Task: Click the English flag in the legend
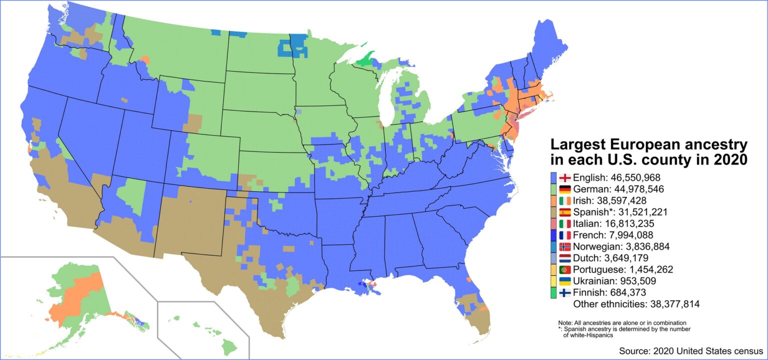pyautogui.click(x=565, y=177)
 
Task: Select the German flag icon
pyautogui.click(x=565, y=189)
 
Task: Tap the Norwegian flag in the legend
pyautogui.click(x=565, y=246)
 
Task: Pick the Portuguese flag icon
pyautogui.click(x=565, y=269)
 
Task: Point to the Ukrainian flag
pyautogui.click(x=565, y=281)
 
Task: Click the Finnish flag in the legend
pyautogui.click(x=565, y=292)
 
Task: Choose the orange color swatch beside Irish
pyautogui.click(x=553, y=200)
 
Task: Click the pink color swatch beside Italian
pyautogui.click(x=553, y=223)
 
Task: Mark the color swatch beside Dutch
pyautogui.click(x=553, y=258)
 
